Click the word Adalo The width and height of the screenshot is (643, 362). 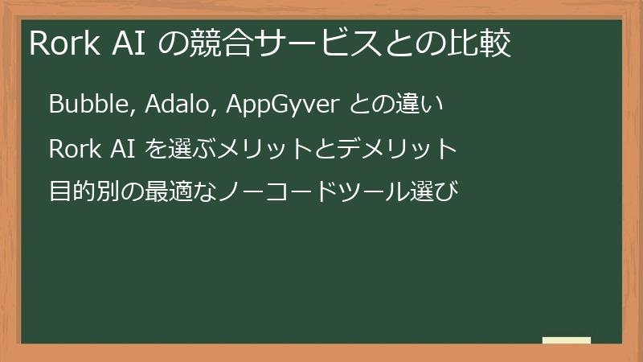(x=174, y=105)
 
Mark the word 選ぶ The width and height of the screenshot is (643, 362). (x=190, y=149)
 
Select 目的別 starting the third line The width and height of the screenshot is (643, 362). (x=84, y=193)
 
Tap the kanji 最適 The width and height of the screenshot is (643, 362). (x=170, y=193)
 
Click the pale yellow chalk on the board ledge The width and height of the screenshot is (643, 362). (x=566, y=340)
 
